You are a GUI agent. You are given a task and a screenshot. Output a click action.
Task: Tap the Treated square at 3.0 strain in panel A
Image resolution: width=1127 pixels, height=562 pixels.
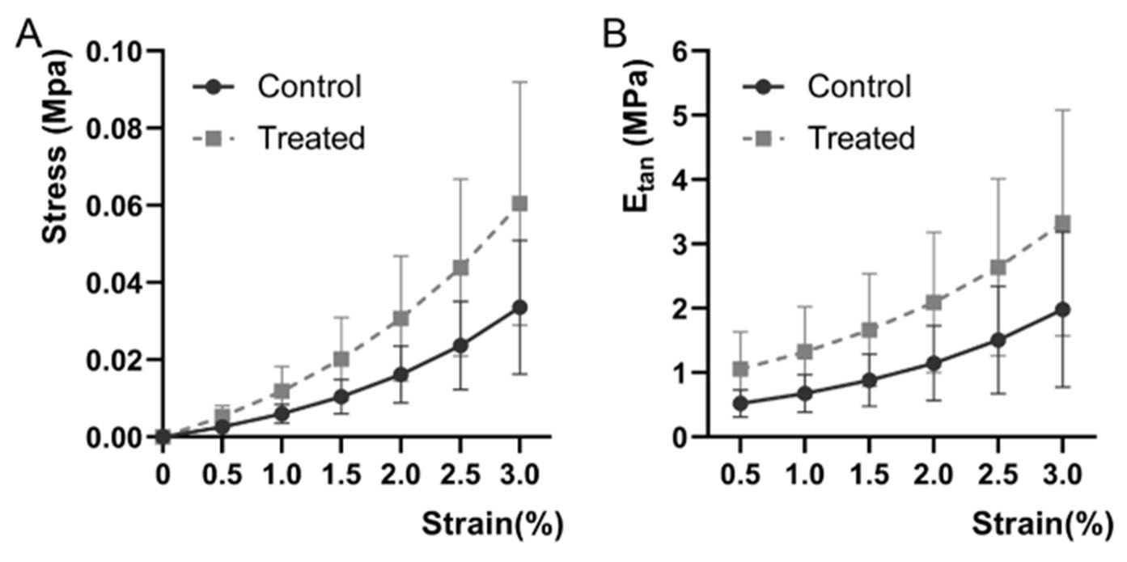coord(519,203)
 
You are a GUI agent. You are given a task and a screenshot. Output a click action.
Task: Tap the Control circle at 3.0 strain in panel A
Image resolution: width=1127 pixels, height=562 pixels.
coord(519,307)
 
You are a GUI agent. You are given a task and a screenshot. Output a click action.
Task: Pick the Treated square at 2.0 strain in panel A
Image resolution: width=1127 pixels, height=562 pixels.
coord(400,318)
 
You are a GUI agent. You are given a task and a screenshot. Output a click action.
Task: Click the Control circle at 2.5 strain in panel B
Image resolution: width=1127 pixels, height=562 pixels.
coord(998,340)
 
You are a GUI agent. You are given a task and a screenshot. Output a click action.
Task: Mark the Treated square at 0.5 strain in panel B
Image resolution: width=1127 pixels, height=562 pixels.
coord(739,369)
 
